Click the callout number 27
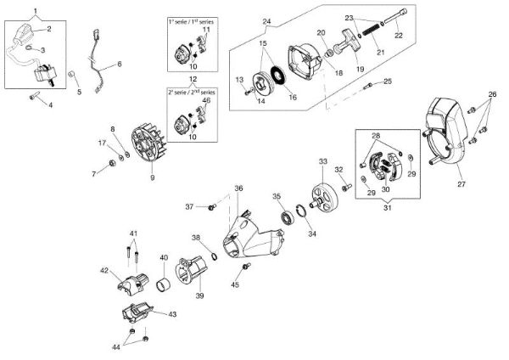462,183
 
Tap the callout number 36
238,188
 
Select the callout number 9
152,177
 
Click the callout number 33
322,161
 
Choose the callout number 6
119,64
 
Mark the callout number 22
399,36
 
